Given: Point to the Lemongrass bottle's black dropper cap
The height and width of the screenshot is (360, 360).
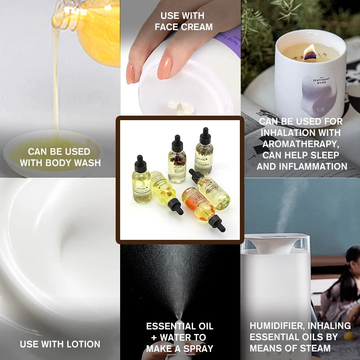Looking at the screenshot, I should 140,163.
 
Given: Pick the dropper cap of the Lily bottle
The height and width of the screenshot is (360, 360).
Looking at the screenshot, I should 218,223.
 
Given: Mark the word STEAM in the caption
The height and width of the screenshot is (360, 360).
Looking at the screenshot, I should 317,348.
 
